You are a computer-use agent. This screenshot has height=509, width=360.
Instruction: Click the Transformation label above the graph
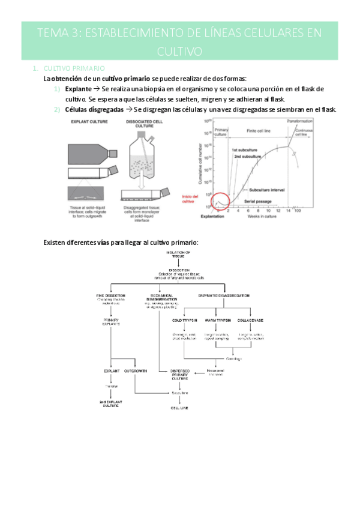click(299, 121)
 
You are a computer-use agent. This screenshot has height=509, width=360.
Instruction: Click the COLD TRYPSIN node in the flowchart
click(176, 320)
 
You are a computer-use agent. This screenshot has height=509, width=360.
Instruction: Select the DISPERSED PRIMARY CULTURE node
click(180, 375)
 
